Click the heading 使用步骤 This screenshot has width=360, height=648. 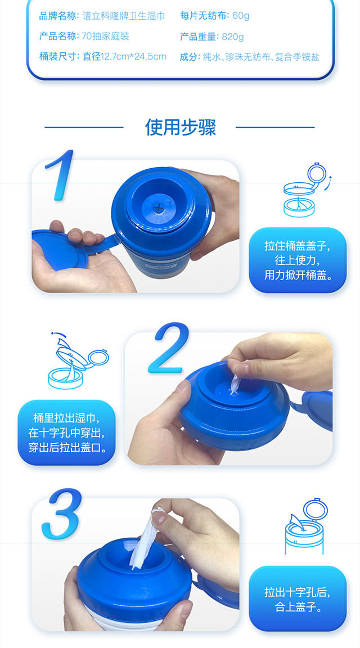180,127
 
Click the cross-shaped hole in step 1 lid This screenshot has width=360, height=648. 157,206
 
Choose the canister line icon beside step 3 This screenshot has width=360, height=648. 306,526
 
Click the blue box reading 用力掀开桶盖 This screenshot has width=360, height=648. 297,260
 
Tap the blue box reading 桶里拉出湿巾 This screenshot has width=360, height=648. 66,432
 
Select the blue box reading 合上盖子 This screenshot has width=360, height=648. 297,598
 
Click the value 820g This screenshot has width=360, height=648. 233,37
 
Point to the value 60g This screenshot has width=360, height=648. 241,16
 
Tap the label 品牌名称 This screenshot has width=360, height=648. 58,16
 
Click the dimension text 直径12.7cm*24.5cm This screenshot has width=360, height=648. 124,57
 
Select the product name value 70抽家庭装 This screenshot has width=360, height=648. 105,37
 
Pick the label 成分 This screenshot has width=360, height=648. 190,57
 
